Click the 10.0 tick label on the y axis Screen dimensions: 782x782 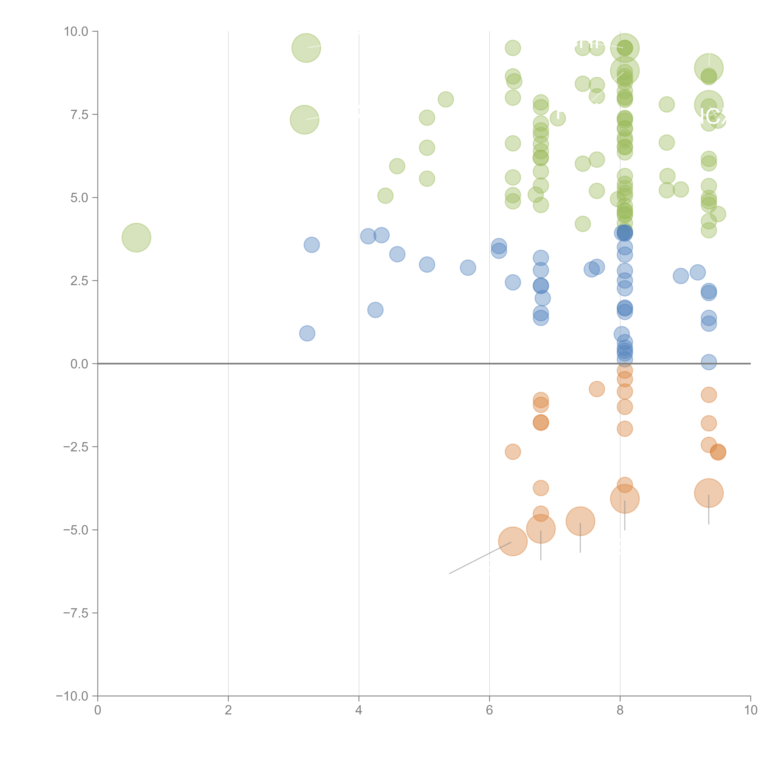click(76, 32)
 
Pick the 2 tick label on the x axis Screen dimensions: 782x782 click(228, 710)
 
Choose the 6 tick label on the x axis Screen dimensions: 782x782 click(489, 710)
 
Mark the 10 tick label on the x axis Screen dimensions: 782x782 click(750, 710)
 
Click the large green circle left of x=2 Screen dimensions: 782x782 click(136, 238)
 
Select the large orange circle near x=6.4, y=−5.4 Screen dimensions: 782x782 click(513, 542)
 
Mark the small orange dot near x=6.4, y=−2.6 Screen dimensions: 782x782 click(513, 452)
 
